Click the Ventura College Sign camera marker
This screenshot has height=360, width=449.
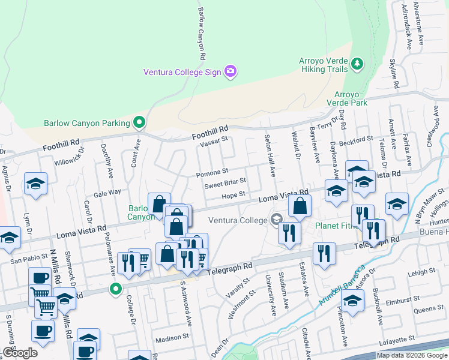(230, 72)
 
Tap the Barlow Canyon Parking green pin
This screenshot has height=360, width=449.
(139, 123)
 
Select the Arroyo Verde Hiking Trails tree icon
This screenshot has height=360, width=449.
(358, 64)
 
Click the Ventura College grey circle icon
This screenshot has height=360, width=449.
(276, 220)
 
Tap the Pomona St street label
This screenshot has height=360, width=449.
(212, 175)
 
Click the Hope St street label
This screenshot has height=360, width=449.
(234, 195)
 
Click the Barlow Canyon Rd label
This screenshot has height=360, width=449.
(202, 34)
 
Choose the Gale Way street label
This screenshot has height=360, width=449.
(107, 193)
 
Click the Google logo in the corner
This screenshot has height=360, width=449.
(20, 353)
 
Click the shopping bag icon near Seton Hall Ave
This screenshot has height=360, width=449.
(300, 206)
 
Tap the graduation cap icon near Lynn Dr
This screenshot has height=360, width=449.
(36, 184)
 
